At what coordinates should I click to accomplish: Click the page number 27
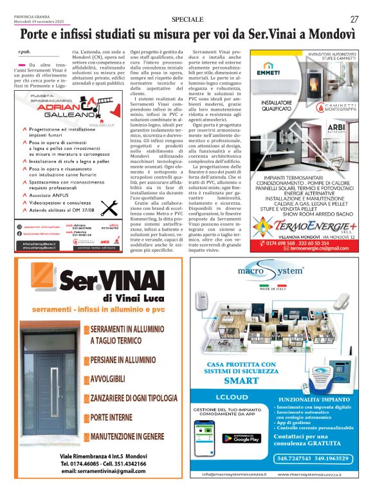point(354,19)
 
